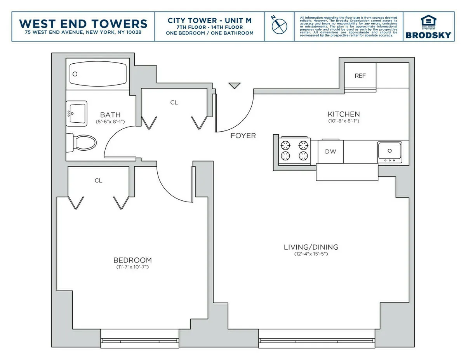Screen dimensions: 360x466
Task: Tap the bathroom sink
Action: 77,113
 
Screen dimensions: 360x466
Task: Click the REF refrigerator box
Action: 360,76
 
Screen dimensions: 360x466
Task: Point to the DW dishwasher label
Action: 330,151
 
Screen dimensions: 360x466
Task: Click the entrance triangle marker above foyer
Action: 234,85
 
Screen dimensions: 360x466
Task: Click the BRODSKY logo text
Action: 428,35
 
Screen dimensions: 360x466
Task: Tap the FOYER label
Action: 243,136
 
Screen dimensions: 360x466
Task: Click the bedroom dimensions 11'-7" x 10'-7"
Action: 132,267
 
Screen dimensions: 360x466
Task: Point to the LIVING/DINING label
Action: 311,247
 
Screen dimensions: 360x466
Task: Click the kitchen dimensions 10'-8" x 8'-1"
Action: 344,121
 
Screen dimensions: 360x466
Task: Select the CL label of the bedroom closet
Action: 99,181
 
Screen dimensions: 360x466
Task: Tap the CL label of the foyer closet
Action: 174,103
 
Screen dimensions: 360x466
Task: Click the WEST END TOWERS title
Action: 83,23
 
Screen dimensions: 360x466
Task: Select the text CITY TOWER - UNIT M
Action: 209,20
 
